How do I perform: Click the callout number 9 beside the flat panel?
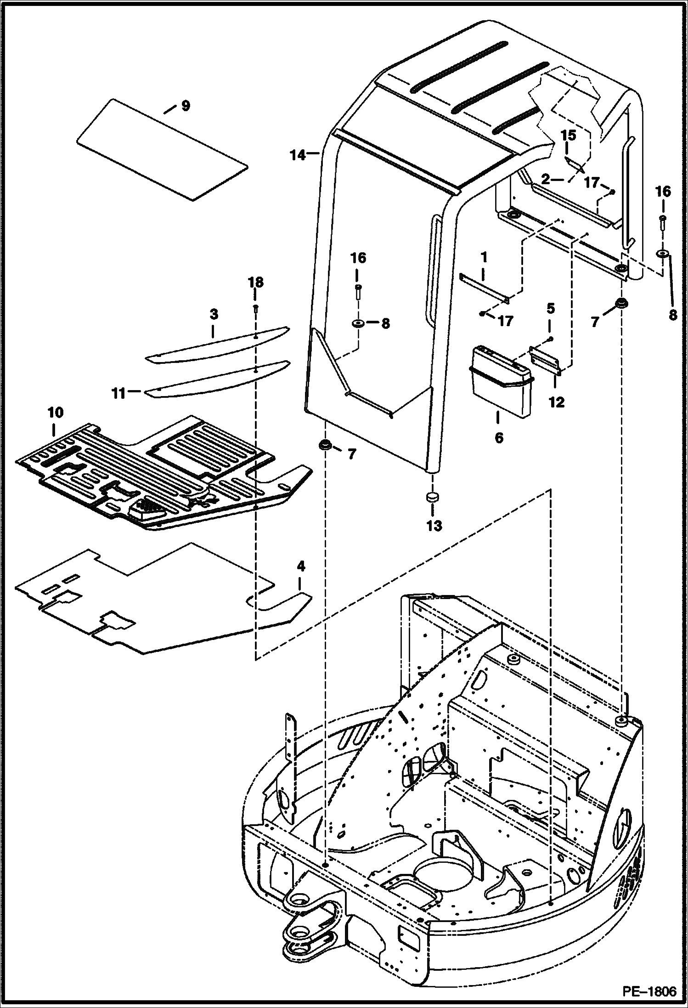(x=185, y=106)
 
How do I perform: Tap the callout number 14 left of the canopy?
(x=298, y=156)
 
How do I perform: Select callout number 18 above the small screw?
(x=256, y=282)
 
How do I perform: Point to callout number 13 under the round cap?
(x=434, y=525)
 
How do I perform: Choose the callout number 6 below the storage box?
(x=499, y=437)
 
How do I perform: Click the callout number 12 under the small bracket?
(x=556, y=402)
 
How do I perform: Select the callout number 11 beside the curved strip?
(x=119, y=393)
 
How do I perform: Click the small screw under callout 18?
(x=256, y=309)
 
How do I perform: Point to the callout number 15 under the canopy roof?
(x=568, y=136)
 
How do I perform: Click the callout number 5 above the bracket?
(x=550, y=308)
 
